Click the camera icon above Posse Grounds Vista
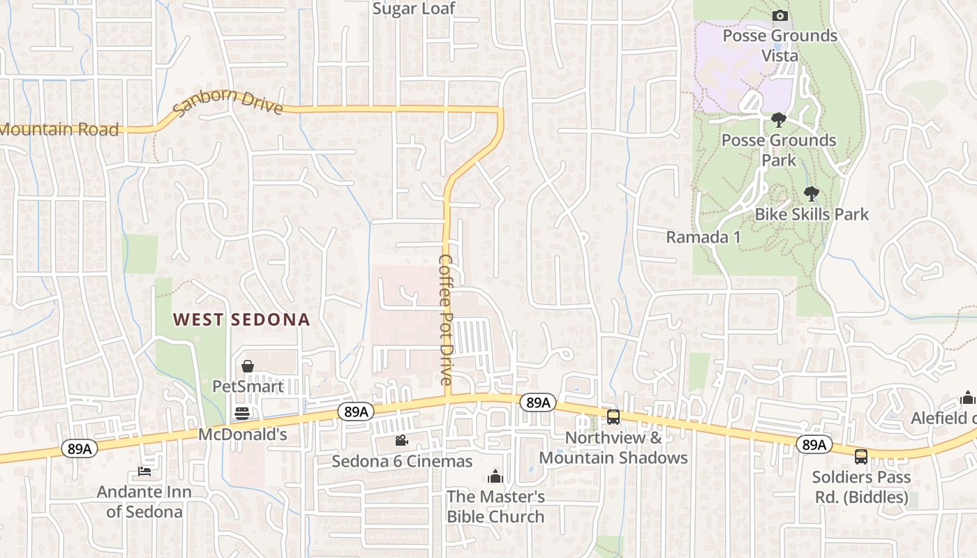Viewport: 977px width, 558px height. pos(780,15)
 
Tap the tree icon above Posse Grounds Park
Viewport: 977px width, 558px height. pos(778,120)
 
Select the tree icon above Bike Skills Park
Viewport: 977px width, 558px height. pos(811,193)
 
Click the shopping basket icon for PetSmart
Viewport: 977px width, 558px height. pos(247,365)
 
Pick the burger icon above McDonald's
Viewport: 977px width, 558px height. pos(242,414)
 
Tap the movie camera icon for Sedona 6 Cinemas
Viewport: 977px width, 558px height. pos(401,440)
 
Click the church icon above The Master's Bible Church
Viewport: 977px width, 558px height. pos(495,476)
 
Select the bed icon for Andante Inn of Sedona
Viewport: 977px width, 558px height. pos(144,472)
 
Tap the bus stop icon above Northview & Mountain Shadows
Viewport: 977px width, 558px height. pos(613,417)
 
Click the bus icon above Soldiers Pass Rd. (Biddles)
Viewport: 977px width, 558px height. pos(861,457)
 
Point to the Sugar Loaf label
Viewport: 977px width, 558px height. pos(414,8)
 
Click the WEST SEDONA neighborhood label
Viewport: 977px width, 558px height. pos(241,319)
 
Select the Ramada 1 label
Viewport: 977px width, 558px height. pos(703,237)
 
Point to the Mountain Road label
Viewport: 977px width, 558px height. pos(59,129)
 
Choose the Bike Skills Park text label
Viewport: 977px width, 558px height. pos(812,214)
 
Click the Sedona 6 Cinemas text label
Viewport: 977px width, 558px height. pos(402,461)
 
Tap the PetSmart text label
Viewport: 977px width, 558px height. pos(248,386)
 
